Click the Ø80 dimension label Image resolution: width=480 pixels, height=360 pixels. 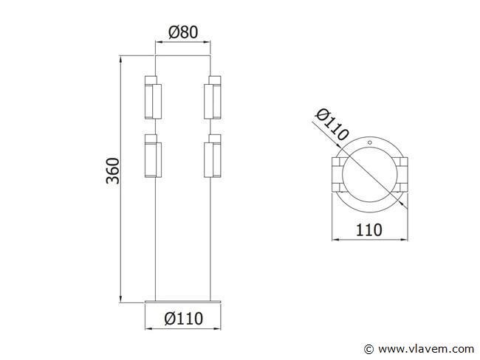pos(183,32)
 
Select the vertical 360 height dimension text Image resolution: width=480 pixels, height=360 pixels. pos(112,170)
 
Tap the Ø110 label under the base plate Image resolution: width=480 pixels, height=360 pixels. pos(183,319)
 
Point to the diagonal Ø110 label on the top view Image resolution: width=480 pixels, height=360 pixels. pos(332,124)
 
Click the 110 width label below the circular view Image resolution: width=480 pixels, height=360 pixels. pos(369,230)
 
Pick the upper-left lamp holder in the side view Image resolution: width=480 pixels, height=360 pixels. pos(153,97)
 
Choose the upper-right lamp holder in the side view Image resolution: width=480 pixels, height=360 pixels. pos(213,97)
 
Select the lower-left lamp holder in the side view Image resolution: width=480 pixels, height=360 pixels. pos(153,156)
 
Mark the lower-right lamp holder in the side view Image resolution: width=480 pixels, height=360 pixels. pos(213,156)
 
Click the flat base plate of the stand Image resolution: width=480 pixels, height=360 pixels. pos(182,302)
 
